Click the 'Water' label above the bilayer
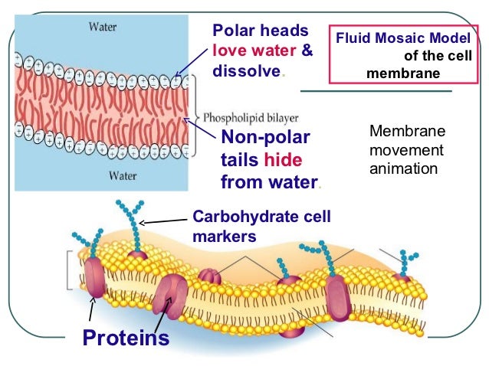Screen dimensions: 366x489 coord(103,27)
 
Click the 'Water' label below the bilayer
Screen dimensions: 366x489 coord(103,175)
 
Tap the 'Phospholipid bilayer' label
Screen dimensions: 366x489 coord(251,118)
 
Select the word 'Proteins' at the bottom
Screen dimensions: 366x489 coord(126,337)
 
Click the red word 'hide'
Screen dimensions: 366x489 coord(283,160)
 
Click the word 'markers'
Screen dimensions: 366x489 coord(223,237)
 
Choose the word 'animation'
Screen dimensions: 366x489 coord(403,168)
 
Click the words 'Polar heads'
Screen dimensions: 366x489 coord(260,31)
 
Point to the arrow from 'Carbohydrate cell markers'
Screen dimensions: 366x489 coord(164,221)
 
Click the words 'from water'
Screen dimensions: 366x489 coord(268,182)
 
